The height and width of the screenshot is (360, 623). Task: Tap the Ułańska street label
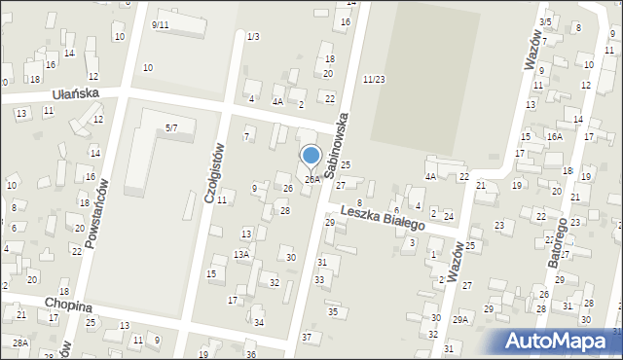(x=76, y=93)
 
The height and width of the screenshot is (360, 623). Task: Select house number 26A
(x=312, y=179)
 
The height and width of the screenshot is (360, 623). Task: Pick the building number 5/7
(x=171, y=127)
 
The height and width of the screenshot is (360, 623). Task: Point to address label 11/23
(x=374, y=79)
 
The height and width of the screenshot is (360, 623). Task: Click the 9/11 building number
(x=161, y=23)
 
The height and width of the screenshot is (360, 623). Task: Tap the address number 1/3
(x=253, y=37)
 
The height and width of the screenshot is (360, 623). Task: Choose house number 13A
(x=241, y=254)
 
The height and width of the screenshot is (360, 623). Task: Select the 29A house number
(x=460, y=318)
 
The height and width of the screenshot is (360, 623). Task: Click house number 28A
(x=20, y=342)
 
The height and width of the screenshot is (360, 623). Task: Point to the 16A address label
(x=554, y=137)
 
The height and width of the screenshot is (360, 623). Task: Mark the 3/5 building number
(x=546, y=21)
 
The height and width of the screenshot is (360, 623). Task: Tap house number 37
(x=307, y=337)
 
